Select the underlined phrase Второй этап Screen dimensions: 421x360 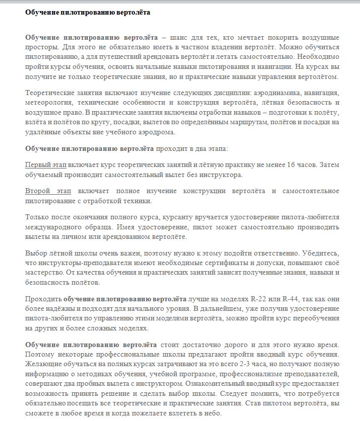pyautogui.click(x=48, y=192)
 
